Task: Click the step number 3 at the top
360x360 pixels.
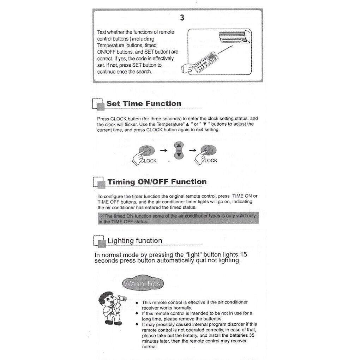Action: coord(182,18)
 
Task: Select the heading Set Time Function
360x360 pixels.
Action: coord(144,104)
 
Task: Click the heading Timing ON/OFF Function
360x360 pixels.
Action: coord(157,182)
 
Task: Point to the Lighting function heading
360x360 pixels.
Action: coord(135,241)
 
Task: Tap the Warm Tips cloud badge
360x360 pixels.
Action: coord(142,283)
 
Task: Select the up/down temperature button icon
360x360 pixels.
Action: coord(179,150)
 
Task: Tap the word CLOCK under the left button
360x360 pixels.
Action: coord(149,161)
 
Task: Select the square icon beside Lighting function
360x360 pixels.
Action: coord(100,242)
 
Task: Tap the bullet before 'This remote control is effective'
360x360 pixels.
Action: coord(137,302)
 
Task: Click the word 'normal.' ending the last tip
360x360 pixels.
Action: coord(150,347)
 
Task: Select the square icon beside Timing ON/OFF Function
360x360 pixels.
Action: coord(99,183)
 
